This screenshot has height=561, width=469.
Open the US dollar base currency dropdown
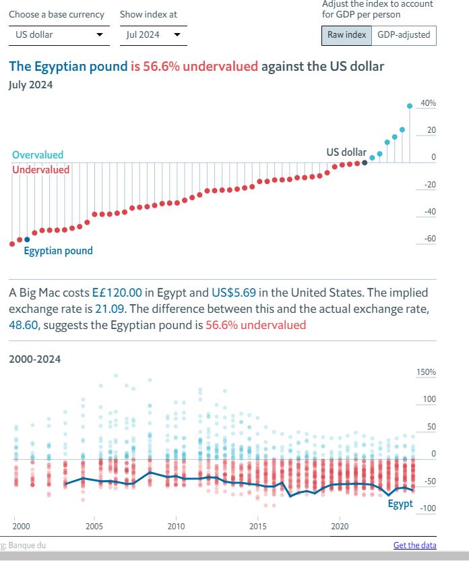59,34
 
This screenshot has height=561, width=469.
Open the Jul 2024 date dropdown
153,34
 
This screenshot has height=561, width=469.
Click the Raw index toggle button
346,34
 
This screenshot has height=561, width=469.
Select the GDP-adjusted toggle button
404,34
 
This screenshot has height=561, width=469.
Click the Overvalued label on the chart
38,155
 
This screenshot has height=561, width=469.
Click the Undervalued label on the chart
40,169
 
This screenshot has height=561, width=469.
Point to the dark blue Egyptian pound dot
27,239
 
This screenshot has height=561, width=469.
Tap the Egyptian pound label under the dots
58,251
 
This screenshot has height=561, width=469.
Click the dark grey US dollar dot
365,162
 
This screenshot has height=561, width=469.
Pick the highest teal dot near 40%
410,106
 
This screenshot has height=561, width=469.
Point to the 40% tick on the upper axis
428,103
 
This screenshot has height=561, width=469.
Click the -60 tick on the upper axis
429,239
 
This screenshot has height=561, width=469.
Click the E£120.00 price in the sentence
117,293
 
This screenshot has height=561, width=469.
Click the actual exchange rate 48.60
22,325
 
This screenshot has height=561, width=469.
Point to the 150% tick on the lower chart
427,372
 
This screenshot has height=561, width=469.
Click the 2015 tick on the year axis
257,526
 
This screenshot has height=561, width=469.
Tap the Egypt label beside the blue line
400,504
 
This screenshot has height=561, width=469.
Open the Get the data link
414,545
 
